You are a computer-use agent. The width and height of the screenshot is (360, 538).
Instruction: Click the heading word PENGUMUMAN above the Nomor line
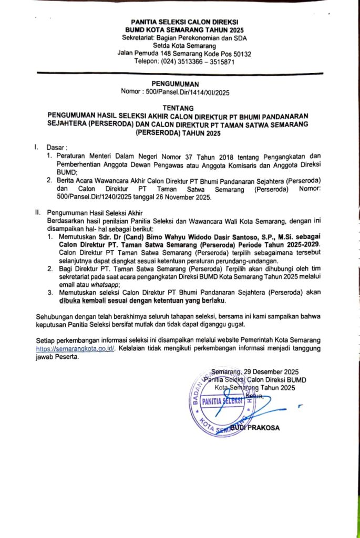[x=176, y=84]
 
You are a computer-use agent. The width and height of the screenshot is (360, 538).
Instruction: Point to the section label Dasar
[x=55, y=148]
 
